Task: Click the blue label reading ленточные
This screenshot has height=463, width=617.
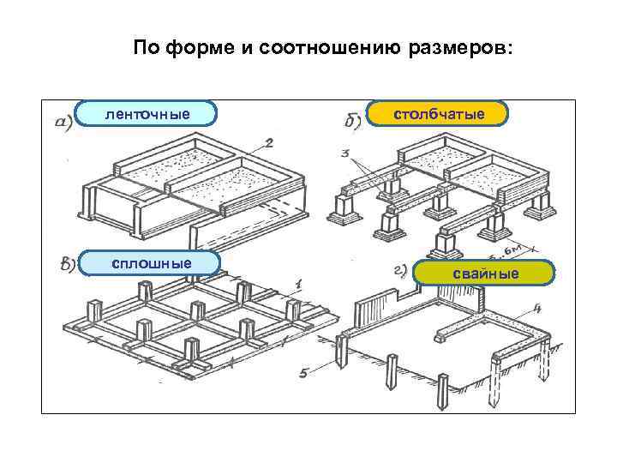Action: pos(147,113)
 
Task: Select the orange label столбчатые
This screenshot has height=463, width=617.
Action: pos(439,113)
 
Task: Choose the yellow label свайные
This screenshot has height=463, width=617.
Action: pos(485,273)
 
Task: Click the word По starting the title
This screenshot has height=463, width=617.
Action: pos(145,48)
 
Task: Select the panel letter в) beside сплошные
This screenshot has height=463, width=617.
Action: pos(66,264)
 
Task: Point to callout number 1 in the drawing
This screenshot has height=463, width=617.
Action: pos(298,283)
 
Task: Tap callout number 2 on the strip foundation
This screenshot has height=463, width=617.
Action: pos(269,142)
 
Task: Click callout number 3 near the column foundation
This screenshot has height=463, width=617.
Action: pos(344,154)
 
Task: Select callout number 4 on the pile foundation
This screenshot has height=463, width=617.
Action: pos(536,306)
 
